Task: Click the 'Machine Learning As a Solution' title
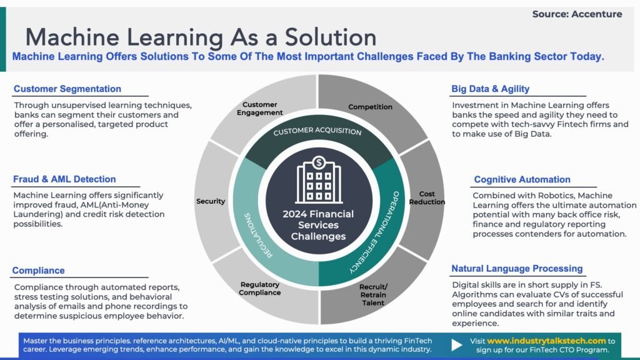pos(201,37)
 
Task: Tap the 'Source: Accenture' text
pos(577,14)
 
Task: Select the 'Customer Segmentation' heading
pos(67,89)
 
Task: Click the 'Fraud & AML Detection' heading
pos(64,179)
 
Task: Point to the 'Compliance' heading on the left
pos(39,271)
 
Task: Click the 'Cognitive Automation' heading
pos(522,179)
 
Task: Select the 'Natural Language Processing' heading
pos(517,269)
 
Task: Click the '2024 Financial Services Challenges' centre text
pos(319,225)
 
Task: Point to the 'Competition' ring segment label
pos(370,107)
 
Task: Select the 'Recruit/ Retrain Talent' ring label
pos(372,294)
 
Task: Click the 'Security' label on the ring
pos(211,201)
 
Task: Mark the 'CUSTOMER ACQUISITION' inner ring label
pos(317,132)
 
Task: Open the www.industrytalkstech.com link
pos(546,341)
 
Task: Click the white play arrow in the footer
pos(457,344)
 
